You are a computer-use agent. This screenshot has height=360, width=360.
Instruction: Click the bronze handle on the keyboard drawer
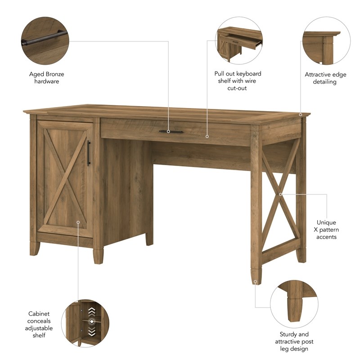[171, 131]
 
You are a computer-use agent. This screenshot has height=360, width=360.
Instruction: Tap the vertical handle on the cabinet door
[89, 153]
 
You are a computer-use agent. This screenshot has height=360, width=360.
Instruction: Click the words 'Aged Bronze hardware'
[47, 78]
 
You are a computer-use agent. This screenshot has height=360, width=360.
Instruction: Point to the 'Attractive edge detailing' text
[325, 78]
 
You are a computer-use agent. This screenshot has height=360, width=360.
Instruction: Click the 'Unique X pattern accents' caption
[326, 229]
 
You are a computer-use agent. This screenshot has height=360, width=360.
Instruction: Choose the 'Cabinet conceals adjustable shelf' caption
[40, 324]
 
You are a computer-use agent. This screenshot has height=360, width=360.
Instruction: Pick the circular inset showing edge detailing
[327, 41]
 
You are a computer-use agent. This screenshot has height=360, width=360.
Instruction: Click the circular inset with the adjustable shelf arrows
[85, 324]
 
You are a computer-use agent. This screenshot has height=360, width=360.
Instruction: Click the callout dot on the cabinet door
[78, 221]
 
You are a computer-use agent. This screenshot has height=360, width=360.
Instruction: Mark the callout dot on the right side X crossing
[280, 194]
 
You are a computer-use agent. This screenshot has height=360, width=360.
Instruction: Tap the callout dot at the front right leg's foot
[255, 282]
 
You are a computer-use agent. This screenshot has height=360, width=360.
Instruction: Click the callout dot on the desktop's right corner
[301, 115]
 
